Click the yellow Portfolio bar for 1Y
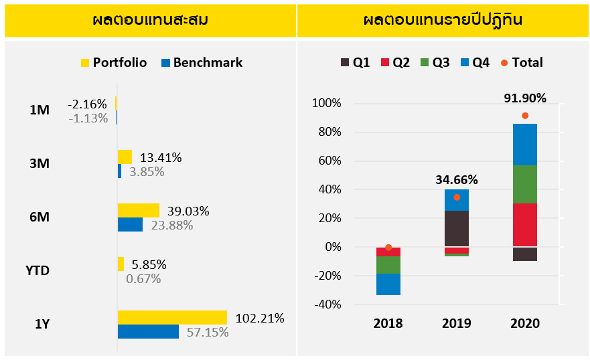point(172,318)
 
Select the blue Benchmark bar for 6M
point(130,225)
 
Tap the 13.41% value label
point(161,158)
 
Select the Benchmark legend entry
point(201,63)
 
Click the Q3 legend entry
point(435,63)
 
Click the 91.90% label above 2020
point(525,98)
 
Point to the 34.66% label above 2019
point(457,179)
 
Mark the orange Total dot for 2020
point(525,116)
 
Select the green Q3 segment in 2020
point(525,184)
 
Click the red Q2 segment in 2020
point(525,225)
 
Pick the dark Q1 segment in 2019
point(457,229)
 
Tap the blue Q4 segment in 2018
point(388,284)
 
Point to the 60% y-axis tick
point(328,161)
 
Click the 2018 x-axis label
point(388,324)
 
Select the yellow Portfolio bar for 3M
point(125,157)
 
